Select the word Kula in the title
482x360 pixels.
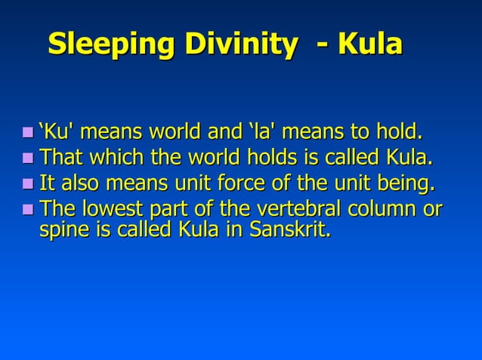point(369,45)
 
